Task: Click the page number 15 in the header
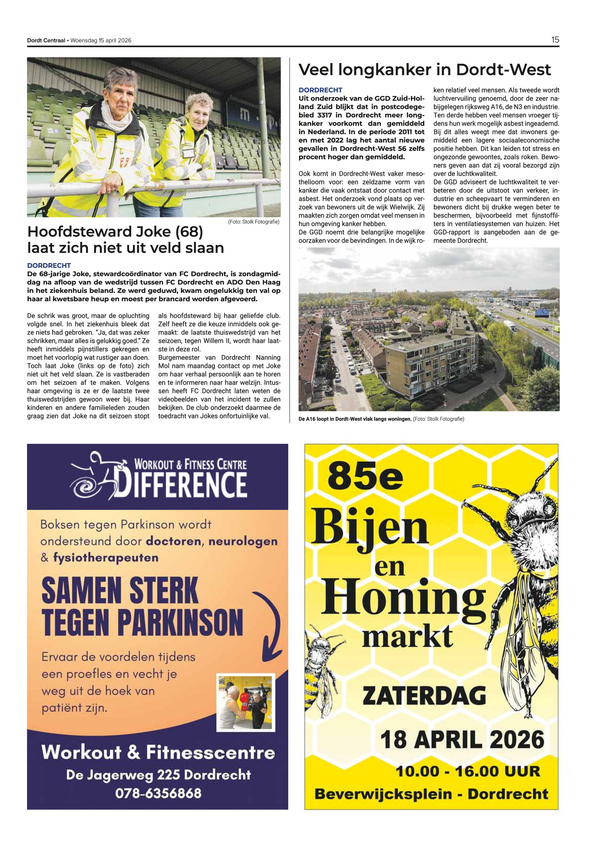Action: tap(555, 40)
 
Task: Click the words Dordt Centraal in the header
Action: tap(46, 41)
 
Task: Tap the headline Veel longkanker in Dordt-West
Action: tap(424, 70)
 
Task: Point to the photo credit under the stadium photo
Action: tap(253, 222)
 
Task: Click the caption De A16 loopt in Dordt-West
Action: tap(355, 419)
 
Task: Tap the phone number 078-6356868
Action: tap(158, 793)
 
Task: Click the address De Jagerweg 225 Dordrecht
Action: tap(158, 775)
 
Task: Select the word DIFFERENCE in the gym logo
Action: tap(180, 484)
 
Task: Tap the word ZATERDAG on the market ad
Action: tap(424, 695)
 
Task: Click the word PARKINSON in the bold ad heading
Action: tap(180, 622)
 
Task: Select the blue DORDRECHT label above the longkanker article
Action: tap(320, 90)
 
